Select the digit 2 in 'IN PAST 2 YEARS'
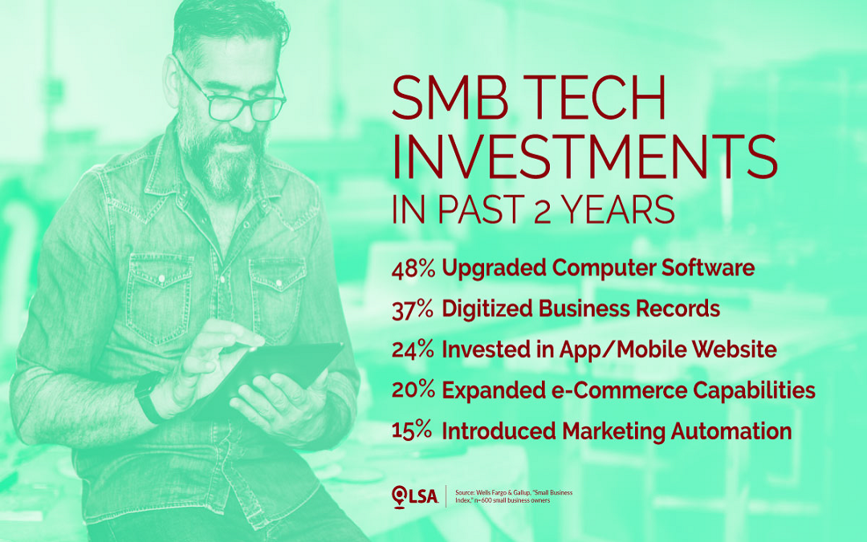pos(543,210)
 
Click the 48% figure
pos(413,268)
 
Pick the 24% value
pos(413,349)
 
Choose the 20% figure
pos(413,390)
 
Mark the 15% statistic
pos(412,431)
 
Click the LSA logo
pos(415,496)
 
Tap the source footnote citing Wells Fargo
pos(514,496)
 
